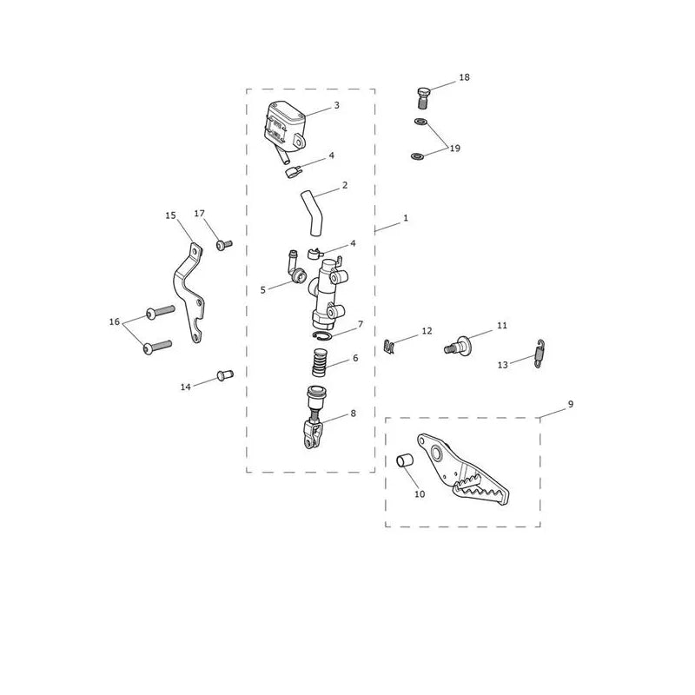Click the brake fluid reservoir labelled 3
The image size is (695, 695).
tap(285, 124)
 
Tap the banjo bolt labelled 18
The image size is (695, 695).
tap(424, 97)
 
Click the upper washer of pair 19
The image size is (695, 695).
tap(420, 121)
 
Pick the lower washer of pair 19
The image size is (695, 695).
tap(418, 156)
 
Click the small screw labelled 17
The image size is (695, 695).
tap(224, 245)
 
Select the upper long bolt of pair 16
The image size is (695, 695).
tap(160, 312)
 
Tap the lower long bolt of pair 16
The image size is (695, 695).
tap(157, 347)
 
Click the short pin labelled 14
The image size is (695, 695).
tap(225, 375)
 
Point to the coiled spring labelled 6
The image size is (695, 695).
tap(320, 362)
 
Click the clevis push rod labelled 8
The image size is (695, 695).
tap(314, 418)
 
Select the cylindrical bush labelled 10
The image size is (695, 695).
tap(405, 461)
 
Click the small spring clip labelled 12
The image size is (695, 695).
tap(388, 347)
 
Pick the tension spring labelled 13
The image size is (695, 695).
tap(539, 354)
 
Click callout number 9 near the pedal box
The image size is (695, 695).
tap(571, 404)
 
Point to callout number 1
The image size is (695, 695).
tap(406, 218)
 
